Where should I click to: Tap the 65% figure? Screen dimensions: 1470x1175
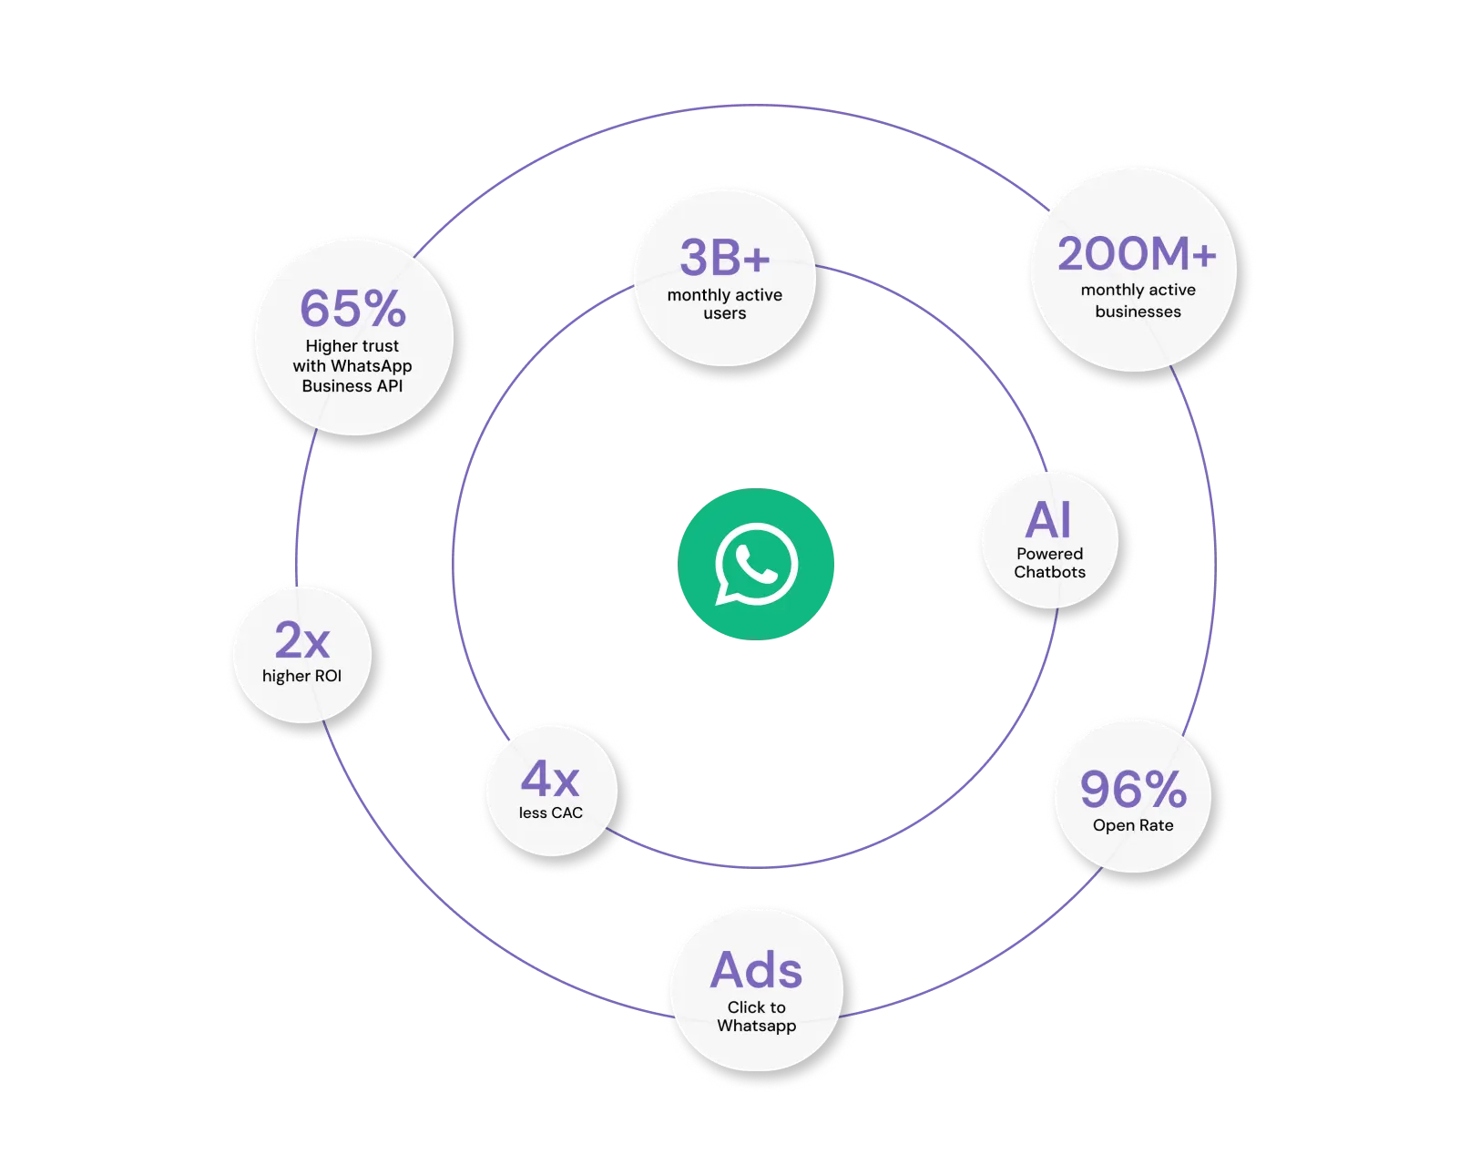[x=352, y=309]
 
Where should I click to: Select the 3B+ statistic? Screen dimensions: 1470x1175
[x=725, y=258]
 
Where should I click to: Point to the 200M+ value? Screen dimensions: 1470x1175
[x=1137, y=254]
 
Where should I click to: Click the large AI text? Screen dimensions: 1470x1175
[x=1048, y=520]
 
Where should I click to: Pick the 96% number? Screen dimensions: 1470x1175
[x=1133, y=789]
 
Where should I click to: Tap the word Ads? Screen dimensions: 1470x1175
[x=756, y=970]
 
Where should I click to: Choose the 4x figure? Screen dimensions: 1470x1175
[x=550, y=780]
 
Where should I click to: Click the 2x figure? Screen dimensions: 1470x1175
[x=301, y=640]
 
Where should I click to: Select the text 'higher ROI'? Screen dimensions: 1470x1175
[x=301, y=676]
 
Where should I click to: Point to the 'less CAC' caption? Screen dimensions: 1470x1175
[x=550, y=812]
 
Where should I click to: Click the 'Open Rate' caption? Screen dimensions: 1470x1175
[x=1133, y=825]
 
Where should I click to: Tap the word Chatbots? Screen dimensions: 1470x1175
[x=1049, y=572]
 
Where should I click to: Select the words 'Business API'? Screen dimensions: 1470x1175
[x=352, y=386]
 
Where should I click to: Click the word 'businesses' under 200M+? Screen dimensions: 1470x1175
[x=1138, y=312]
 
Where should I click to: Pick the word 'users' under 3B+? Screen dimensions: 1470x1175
[x=725, y=313]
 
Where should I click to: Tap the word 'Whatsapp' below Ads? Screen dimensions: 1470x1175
[x=756, y=1026]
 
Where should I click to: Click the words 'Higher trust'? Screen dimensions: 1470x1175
[x=352, y=346]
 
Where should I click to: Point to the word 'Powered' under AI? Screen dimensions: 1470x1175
[x=1049, y=554]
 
